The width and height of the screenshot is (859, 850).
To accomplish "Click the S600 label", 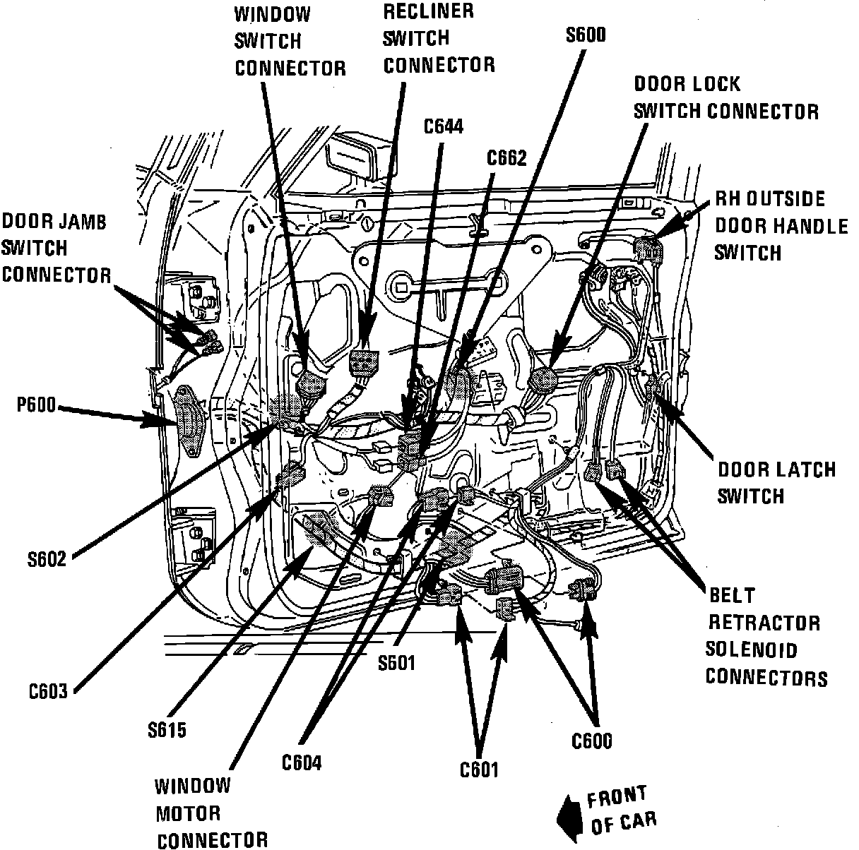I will [x=586, y=35].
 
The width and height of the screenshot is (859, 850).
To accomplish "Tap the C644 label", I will [x=444, y=126].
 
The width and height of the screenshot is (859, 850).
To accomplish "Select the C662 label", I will [x=506, y=158].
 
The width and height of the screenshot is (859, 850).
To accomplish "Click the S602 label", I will [x=47, y=560].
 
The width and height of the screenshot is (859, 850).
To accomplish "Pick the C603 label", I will [x=48, y=691].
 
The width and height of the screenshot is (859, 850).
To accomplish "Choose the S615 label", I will [x=167, y=729].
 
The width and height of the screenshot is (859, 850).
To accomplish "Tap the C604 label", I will [x=302, y=763].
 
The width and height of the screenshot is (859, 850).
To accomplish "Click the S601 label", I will [x=396, y=662].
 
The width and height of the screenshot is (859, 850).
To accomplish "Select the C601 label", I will [x=479, y=769].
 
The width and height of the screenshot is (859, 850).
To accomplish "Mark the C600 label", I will [x=592, y=741].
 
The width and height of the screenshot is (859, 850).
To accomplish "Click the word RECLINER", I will [x=428, y=11].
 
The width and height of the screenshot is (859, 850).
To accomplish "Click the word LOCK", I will [x=716, y=84].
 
